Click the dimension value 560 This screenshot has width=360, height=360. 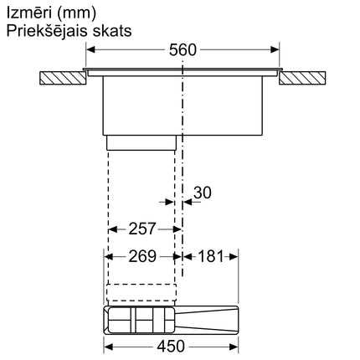(x=182, y=49)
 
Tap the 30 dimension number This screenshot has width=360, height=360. (x=202, y=193)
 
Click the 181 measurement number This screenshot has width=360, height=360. (x=208, y=256)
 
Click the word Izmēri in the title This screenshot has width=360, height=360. (x=30, y=13)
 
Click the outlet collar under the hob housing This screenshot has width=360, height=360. (x=141, y=145)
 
